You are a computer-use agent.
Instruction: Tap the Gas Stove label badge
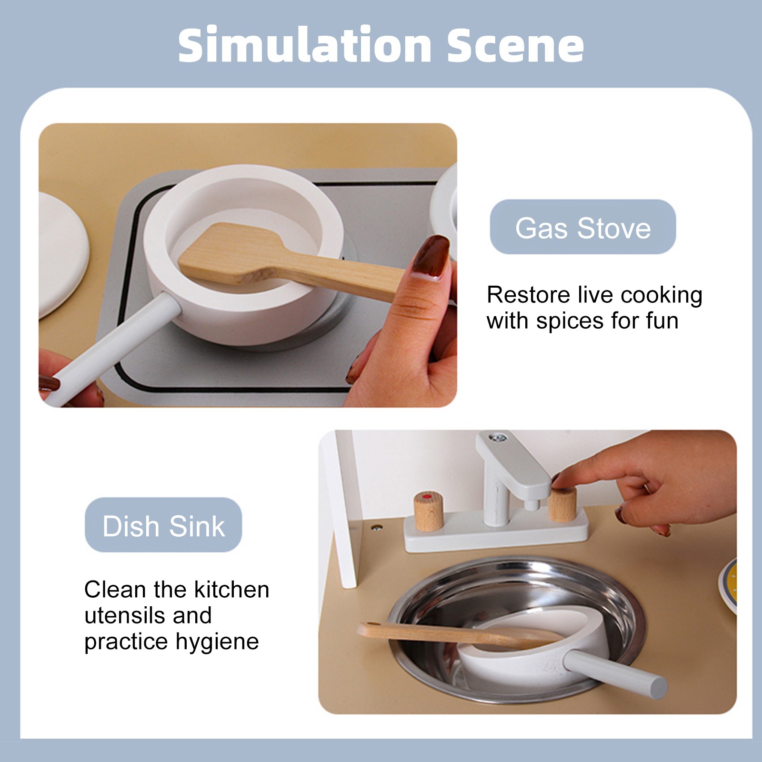582,227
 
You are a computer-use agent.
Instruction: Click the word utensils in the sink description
125,615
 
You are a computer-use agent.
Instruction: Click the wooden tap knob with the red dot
428,511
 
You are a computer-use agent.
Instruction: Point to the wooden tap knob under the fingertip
562,504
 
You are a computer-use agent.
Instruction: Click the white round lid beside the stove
63,255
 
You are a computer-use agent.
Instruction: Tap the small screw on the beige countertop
377,528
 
